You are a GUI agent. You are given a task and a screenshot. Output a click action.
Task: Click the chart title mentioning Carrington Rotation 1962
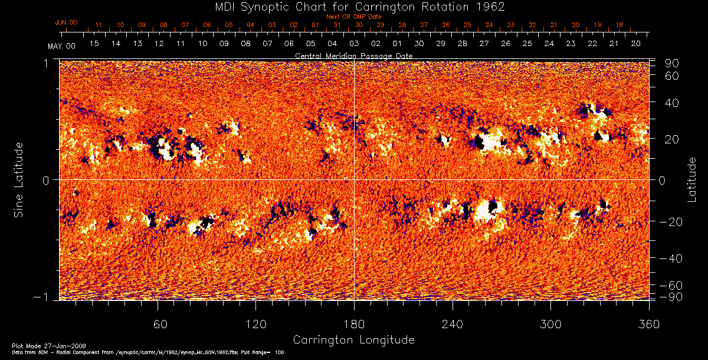point(354,7)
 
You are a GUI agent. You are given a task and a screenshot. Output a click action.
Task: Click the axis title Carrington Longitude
point(353,340)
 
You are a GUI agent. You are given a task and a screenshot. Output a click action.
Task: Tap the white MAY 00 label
point(62,45)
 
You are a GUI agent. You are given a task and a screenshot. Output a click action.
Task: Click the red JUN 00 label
point(66,22)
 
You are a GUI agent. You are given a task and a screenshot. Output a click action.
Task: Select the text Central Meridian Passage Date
point(353,55)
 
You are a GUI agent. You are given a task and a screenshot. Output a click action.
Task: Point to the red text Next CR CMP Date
point(353,17)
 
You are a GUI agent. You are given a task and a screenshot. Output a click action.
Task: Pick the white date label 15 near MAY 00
point(94,44)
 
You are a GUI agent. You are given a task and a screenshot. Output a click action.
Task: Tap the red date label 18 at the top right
point(619,25)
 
